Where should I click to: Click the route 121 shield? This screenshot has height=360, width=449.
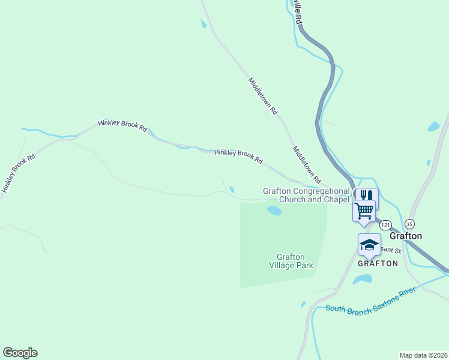pyautogui.click(x=385, y=224)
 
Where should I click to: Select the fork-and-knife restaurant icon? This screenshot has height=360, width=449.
pyautogui.click(x=366, y=196)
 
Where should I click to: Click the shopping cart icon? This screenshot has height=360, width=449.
pyautogui.click(x=364, y=210)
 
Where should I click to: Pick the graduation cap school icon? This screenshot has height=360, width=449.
pyautogui.click(x=369, y=244)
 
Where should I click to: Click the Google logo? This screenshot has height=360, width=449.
pyautogui.click(x=20, y=353)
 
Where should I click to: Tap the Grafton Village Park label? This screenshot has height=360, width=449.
pyautogui.click(x=291, y=261)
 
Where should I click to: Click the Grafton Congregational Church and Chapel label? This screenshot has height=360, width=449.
pyautogui.click(x=306, y=195)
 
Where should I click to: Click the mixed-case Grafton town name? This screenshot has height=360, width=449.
pyautogui.click(x=406, y=236)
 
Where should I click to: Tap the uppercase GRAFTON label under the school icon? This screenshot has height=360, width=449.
pyautogui.click(x=378, y=263)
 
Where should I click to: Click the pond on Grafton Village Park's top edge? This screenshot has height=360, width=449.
pyautogui.click(x=274, y=211)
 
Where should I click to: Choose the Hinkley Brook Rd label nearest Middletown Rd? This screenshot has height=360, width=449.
pyautogui.click(x=238, y=157)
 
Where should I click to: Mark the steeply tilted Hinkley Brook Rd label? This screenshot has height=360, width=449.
pyautogui.click(x=19, y=173)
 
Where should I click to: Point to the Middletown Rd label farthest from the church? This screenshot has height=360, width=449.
pyautogui.click(x=263, y=96)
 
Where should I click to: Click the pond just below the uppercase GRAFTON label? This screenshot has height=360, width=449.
pyautogui.click(x=362, y=280)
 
